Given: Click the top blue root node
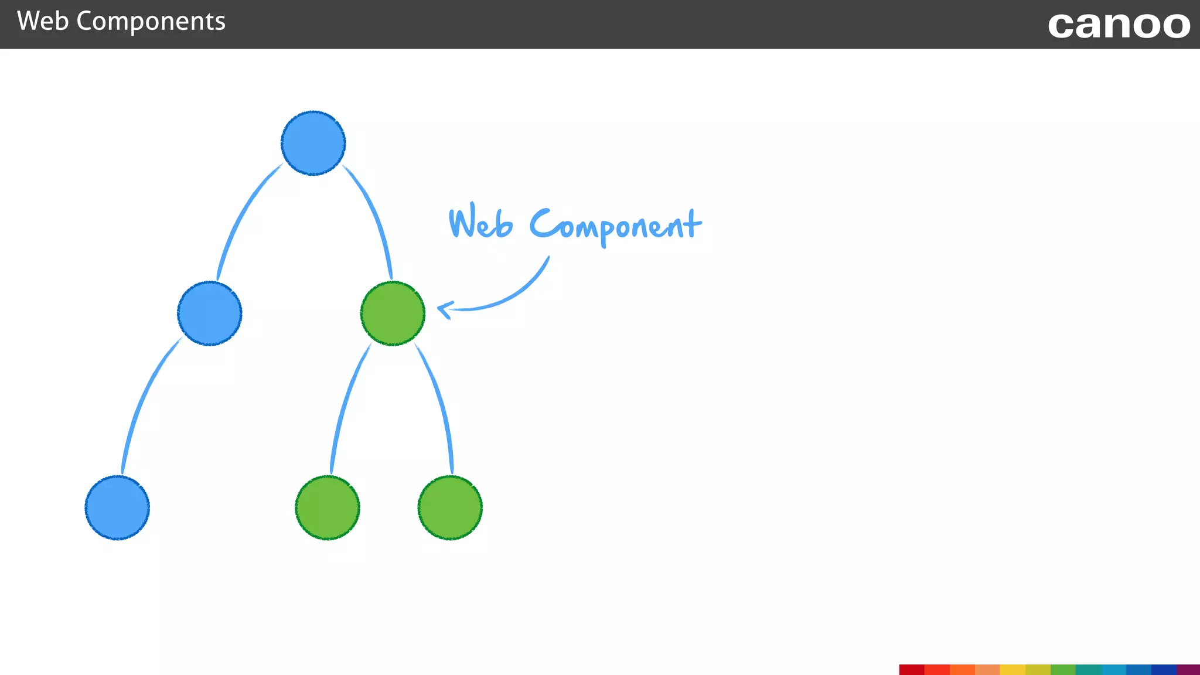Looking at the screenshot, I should (313, 143).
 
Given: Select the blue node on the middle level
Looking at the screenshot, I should (210, 313).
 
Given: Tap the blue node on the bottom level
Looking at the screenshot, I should (117, 507).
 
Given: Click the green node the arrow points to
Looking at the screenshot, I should (393, 313).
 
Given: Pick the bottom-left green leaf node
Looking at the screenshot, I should (328, 507).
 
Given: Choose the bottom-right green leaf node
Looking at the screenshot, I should (450, 507).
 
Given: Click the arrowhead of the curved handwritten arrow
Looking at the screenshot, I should (444, 309).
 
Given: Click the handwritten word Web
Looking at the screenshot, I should (480, 223).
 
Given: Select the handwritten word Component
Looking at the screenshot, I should (615, 226).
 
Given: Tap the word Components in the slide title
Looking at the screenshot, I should (151, 22).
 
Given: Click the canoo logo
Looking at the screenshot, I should (1119, 25).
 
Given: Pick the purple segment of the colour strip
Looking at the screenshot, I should (1188, 670).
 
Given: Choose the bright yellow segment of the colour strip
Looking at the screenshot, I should (1012, 670).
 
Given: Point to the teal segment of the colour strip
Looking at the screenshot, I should (1088, 670).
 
